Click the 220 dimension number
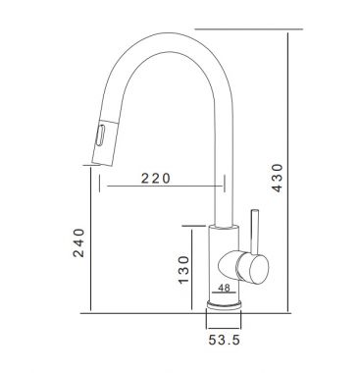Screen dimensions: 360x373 coord(156,179)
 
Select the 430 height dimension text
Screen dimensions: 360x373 coord(277,178)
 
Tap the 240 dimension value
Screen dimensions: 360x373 coord(78,242)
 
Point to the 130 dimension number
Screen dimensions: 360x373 coord(183,269)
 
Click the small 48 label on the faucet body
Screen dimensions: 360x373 coord(224,288)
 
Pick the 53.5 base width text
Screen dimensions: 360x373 coord(225,340)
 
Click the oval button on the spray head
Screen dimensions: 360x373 coord(99,136)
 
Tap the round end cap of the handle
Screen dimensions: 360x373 coord(259,269)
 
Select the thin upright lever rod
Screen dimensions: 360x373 coord(255,231)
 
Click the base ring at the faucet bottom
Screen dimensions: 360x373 coord(224,305)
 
